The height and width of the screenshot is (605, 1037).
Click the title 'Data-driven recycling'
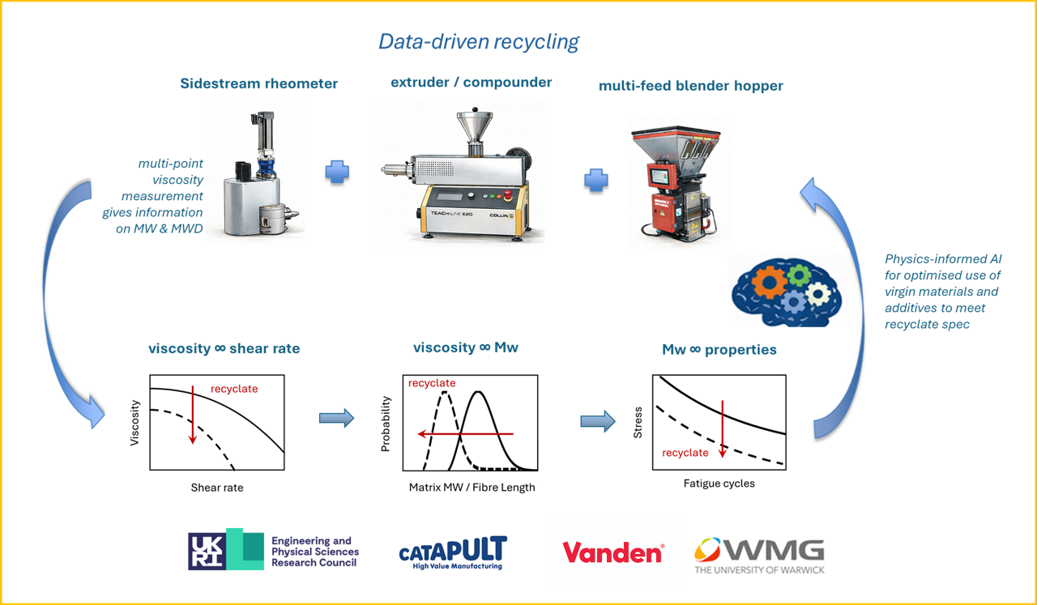point(479,42)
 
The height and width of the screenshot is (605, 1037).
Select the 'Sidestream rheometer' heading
point(259,83)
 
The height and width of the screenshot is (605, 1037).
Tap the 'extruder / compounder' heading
point(471,82)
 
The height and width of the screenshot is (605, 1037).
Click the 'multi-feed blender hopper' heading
point(690,85)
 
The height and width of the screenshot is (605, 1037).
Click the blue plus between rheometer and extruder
point(337,173)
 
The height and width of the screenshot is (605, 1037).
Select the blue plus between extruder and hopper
point(596,180)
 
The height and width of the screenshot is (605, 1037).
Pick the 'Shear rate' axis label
point(217,488)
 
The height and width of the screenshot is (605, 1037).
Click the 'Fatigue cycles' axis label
point(719,484)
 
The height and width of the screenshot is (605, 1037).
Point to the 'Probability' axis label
point(386,423)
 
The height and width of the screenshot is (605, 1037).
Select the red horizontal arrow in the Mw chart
point(465,434)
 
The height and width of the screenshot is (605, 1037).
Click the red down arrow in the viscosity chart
point(193,414)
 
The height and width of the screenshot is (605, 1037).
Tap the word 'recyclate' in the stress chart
point(685,453)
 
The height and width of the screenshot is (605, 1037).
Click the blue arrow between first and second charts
point(336,418)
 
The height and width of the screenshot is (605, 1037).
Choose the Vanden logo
point(612,553)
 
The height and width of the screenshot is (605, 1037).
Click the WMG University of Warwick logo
point(759,556)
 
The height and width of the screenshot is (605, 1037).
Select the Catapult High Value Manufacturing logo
point(453,553)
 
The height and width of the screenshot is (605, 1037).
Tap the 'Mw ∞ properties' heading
point(719,350)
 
